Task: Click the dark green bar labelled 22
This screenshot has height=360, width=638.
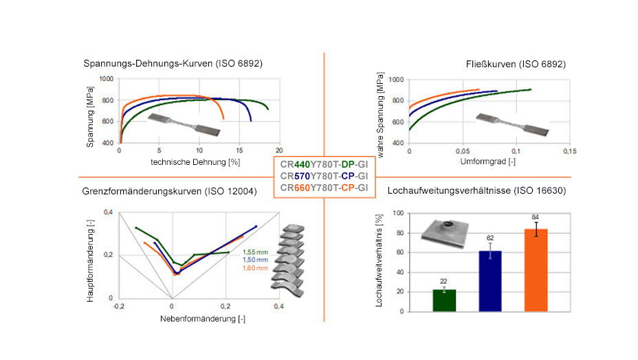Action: (x=444, y=301)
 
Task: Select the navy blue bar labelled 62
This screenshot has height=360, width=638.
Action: (x=490, y=281)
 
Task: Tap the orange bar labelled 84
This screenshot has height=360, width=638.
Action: (x=536, y=270)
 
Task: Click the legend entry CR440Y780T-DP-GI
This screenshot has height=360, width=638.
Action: (x=324, y=164)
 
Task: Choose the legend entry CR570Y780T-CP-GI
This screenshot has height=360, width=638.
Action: (x=324, y=176)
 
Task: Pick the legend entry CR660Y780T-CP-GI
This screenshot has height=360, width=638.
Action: (x=324, y=188)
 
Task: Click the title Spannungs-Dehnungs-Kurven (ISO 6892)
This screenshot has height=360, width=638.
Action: (x=173, y=64)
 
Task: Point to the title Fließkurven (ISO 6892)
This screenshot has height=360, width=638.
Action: (x=516, y=65)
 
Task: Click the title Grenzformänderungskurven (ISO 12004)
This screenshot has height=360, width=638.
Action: (x=169, y=191)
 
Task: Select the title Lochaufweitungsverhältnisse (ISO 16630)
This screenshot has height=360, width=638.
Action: (x=476, y=191)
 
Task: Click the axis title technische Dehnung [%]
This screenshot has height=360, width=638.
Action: (x=195, y=162)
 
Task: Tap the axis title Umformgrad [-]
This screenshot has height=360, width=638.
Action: (x=488, y=161)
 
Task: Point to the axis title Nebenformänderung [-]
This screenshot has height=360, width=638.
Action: (x=203, y=319)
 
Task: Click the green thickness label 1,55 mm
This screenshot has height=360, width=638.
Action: (x=255, y=252)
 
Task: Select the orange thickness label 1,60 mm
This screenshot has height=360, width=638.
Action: (x=255, y=268)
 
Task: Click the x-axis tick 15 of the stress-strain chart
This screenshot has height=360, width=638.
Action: (x=239, y=150)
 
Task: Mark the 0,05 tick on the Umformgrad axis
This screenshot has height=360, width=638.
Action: (x=463, y=151)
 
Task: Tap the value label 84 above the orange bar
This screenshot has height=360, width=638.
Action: (x=535, y=217)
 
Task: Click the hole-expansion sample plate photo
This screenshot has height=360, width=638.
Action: (x=445, y=234)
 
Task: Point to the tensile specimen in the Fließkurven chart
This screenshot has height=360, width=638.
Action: (x=512, y=124)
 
